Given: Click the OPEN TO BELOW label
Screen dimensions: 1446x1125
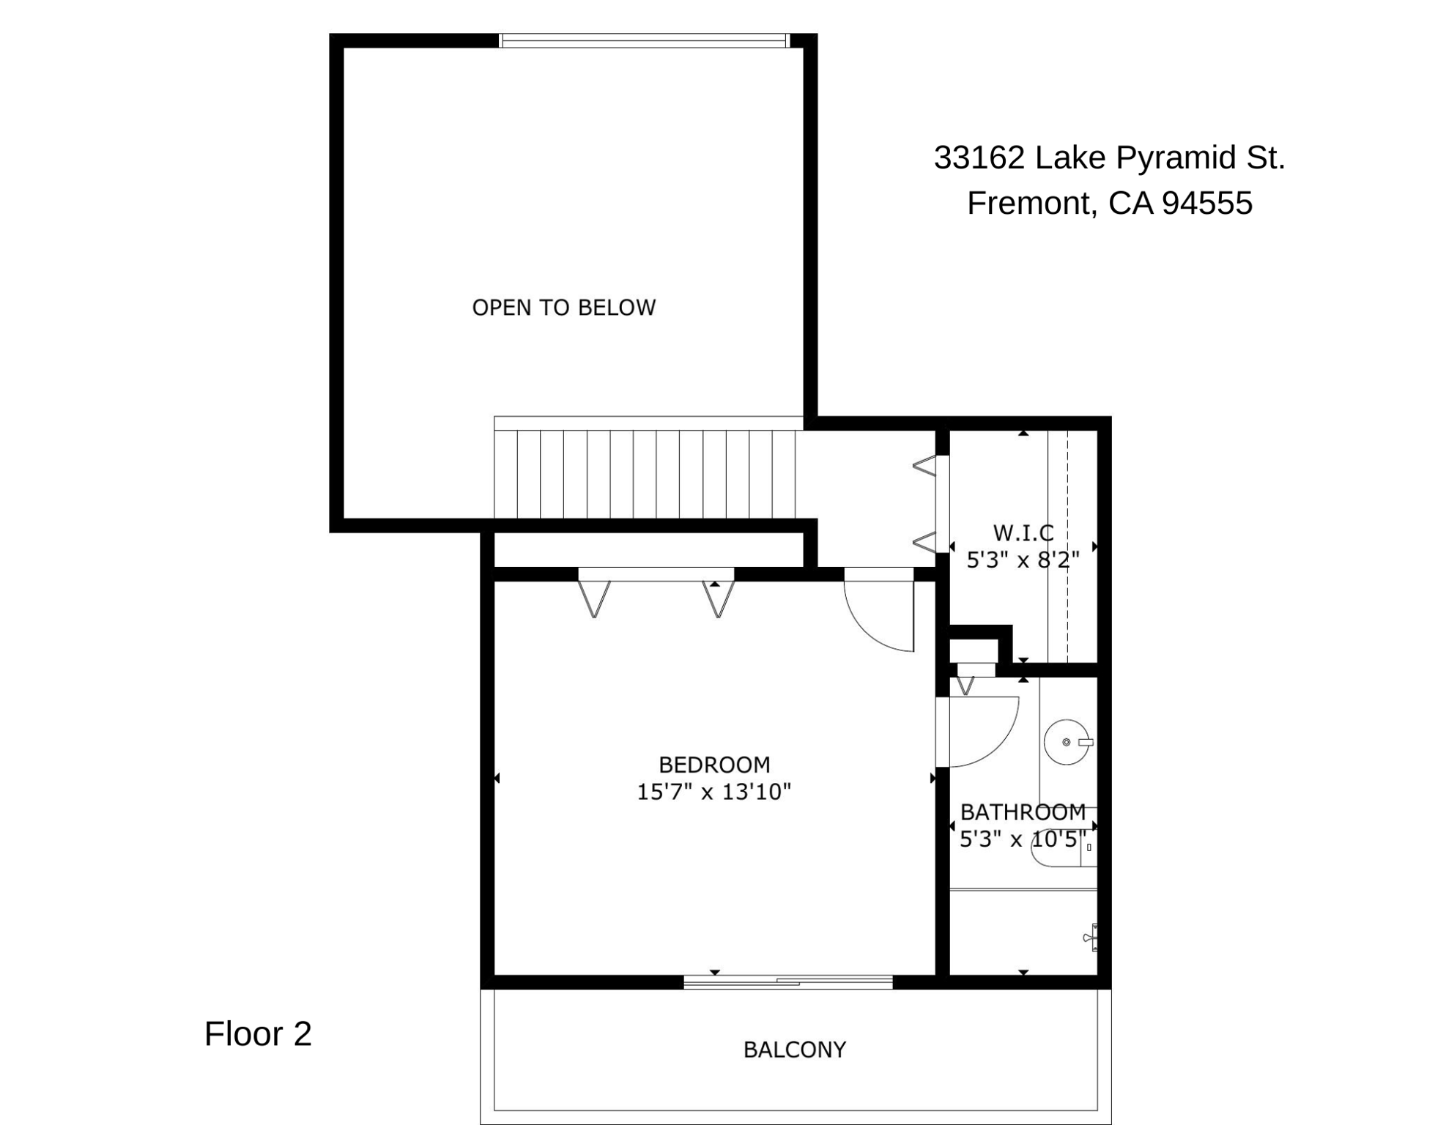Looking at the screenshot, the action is pyautogui.click(x=563, y=308).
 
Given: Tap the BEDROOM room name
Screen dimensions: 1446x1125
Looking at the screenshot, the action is pyautogui.click(x=714, y=765).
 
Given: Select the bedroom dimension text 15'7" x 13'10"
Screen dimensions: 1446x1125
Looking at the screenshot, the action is pyautogui.click(x=714, y=792).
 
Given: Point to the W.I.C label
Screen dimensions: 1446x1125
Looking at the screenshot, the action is pyautogui.click(x=1023, y=532).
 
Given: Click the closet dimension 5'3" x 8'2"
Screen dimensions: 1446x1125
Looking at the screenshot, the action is pyautogui.click(x=1023, y=560).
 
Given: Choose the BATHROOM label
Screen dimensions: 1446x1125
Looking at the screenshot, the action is pyautogui.click(x=1023, y=812).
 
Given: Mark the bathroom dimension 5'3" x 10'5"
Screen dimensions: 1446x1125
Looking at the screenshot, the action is pyautogui.click(x=1023, y=839).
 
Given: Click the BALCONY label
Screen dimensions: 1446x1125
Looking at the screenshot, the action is pyautogui.click(x=795, y=1050).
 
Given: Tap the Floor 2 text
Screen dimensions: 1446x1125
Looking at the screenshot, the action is pyautogui.click(x=258, y=1034).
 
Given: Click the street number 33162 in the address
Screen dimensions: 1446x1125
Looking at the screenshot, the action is pyautogui.click(x=979, y=157).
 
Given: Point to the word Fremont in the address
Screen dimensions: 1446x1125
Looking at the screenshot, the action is pyautogui.click(x=1032, y=203).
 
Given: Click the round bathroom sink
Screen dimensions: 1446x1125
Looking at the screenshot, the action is pyautogui.click(x=1067, y=742).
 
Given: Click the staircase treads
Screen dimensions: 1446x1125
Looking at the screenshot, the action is pyautogui.click(x=645, y=474).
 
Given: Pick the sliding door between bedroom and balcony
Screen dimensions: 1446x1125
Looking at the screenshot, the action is pyautogui.click(x=788, y=982).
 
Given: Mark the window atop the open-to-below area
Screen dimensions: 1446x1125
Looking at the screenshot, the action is pyautogui.click(x=644, y=40).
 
